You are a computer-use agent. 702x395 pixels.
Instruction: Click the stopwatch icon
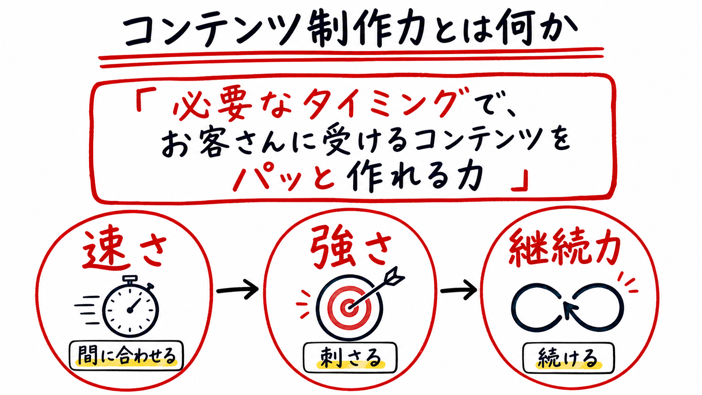click(130, 307)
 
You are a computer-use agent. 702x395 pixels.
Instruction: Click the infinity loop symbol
click(568, 307)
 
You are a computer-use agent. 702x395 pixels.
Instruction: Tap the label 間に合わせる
click(127, 356)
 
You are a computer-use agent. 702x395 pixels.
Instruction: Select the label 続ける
click(568, 358)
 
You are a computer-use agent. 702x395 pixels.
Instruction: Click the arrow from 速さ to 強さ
click(238, 290)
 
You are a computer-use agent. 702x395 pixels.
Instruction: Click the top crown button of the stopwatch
click(130, 278)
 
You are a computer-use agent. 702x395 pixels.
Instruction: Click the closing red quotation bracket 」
click(520, 181)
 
